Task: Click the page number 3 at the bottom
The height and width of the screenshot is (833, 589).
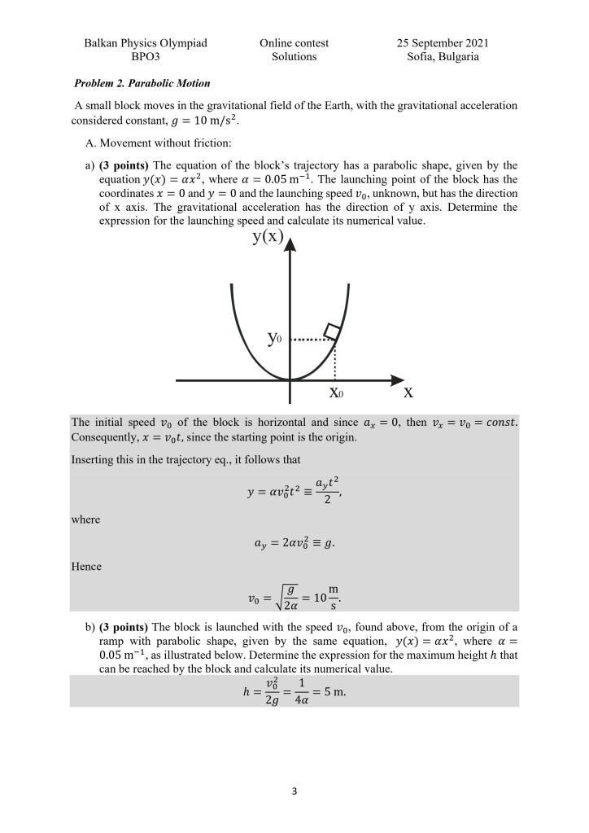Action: [x=294, y=790]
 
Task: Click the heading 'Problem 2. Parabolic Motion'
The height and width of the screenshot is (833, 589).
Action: [x=142, y=83]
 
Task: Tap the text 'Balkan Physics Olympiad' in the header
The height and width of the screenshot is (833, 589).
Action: [x=146, y=43]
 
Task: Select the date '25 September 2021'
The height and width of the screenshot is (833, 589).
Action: [x=443, y=43]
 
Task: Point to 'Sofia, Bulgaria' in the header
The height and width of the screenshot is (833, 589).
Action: [x=443, y=57]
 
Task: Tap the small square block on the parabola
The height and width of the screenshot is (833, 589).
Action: [x=332, y=331]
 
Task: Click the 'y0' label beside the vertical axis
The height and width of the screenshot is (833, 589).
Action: [x=275, y=338]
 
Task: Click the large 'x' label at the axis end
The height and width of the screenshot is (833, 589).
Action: [x=408, y=392]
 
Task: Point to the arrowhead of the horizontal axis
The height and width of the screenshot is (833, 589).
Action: [x=397, y=380]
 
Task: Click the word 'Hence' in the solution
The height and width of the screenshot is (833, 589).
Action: [x=86, y=567]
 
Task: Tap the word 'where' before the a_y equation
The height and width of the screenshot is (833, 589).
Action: [x=85, y=520]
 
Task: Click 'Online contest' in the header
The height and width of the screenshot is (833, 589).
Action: [x=294, y=43]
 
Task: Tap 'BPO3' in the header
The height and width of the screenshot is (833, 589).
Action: [x=146, y=57]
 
